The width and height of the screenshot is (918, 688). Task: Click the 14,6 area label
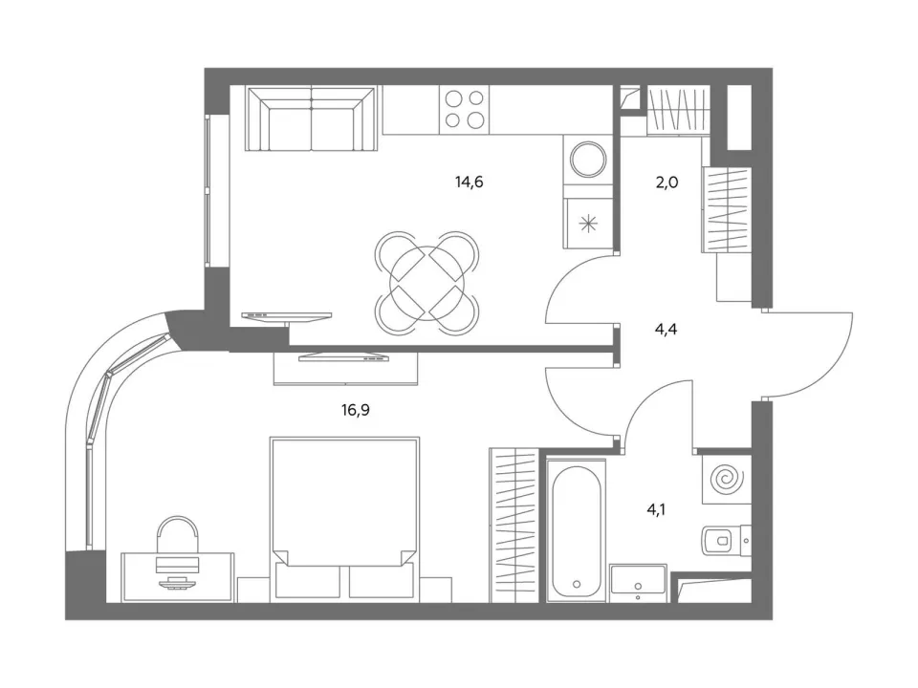469,183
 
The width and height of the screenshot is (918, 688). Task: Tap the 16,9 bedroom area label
356,410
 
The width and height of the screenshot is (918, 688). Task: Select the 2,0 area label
667,183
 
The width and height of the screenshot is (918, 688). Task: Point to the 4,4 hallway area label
666,330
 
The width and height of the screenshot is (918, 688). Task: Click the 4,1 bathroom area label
656,509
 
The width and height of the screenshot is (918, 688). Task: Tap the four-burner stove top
465,109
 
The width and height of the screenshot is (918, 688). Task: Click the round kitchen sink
588,159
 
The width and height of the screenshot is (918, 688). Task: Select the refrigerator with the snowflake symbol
588,223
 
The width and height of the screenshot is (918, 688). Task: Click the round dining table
426,283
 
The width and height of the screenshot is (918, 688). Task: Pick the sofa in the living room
311,118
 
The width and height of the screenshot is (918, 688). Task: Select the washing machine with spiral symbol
727,479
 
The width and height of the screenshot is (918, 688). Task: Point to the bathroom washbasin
638,583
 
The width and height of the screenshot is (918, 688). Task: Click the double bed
345,519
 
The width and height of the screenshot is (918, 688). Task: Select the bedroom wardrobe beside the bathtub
514,526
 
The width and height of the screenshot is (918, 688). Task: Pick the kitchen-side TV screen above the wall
286,316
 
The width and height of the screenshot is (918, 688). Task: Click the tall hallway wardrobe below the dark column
726,210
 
